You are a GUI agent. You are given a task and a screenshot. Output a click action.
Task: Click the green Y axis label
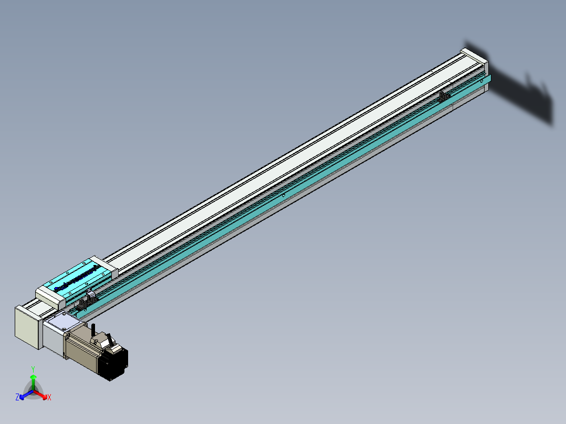pyautogui.click(x=33, y=369)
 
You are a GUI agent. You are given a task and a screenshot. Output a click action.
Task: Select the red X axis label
pyautogui.click(x=49, y=398)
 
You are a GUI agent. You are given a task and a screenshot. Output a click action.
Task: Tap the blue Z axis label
pyautogui.click(x=17, y=397)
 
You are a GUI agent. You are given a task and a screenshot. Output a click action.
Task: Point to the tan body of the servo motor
pyautogui.click(x=84, y=347)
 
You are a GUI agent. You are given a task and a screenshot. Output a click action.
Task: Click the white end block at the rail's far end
pyautogui.click(x=475, y=59)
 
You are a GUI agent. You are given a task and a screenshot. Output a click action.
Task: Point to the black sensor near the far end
pyautogui.click(x=444, y=97)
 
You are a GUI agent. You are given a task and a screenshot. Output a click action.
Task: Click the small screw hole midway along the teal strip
pyautogui.click(x=283, y=195)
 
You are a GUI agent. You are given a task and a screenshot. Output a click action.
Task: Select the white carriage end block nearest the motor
pyautogui.click(x=50, y=297)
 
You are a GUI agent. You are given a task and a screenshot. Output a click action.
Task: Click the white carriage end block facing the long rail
pyautogui.click(x=104, y=267)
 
